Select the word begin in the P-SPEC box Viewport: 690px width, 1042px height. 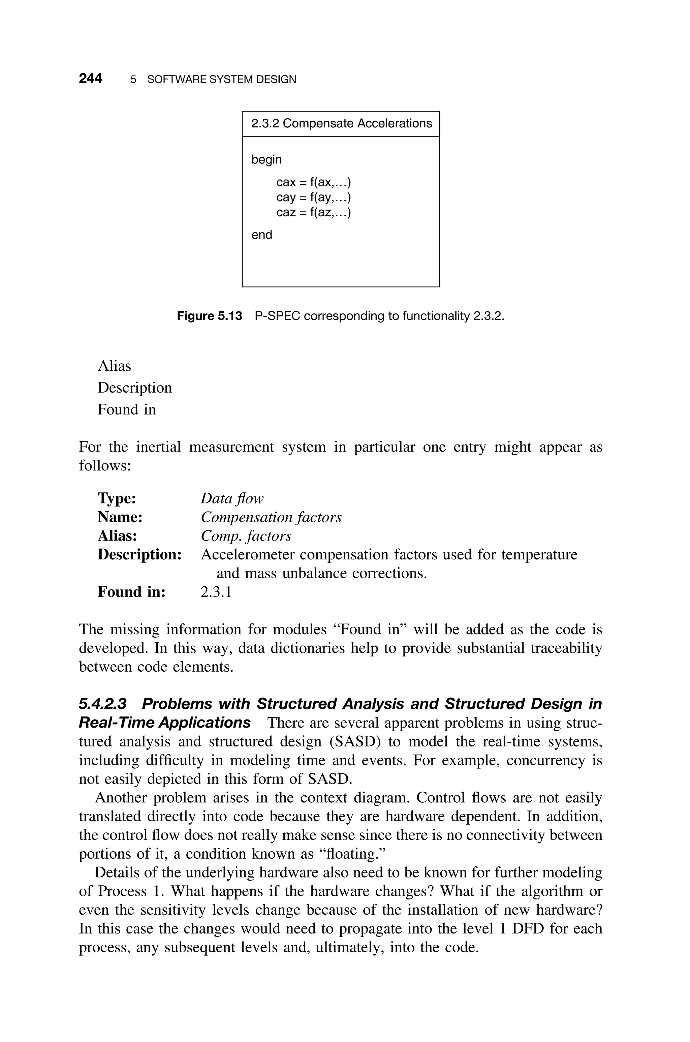coord(266,159)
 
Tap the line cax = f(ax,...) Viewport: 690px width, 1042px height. coord(313,182)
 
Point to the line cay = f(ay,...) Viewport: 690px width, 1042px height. coord(313,197)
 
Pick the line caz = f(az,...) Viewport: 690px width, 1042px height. coord(313,213)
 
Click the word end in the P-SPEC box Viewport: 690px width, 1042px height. coord(261,235)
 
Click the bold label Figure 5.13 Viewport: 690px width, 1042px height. coord(210,316)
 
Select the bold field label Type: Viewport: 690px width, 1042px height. coord(117,498)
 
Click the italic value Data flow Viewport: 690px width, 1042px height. coord(232,498)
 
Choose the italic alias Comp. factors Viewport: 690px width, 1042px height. coord(246,536)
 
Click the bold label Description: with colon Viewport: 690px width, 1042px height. coord(139,554)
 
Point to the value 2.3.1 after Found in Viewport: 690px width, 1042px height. coord(216,592)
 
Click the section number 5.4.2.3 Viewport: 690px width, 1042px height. coord(102,704)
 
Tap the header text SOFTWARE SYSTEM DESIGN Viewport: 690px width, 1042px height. coord(221,80)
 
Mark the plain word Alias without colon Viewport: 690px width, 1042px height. coord(114,366)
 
